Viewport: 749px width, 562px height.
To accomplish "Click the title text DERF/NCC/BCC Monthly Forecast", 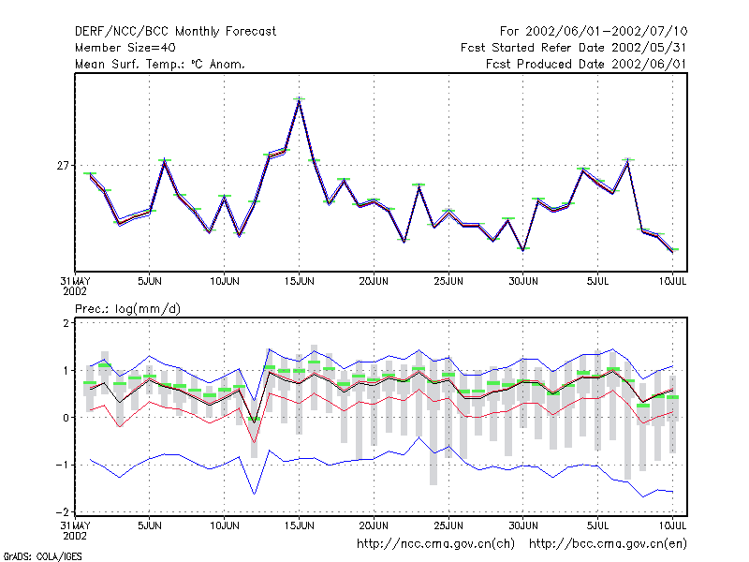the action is point(175,32).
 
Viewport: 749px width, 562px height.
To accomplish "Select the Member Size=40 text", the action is point(125,48).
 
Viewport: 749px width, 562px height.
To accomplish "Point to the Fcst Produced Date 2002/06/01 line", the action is point(586,64).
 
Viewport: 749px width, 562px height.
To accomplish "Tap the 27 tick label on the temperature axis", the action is point(63,166).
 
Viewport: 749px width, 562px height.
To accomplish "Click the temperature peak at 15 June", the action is point(299,99).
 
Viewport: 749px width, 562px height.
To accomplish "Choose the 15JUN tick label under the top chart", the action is point(299,281).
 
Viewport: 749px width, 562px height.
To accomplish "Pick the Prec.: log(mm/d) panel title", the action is point(127,309).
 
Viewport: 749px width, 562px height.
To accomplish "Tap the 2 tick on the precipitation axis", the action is point(66,323).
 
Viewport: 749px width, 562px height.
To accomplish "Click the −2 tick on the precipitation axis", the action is point(63,511).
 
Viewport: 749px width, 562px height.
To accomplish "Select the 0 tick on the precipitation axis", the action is point(66,418).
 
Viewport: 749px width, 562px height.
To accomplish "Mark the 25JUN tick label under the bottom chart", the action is point(448,525).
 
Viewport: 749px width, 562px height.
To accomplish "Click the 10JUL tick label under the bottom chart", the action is point(672,525).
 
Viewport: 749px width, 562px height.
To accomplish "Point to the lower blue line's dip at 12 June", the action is point(254,494).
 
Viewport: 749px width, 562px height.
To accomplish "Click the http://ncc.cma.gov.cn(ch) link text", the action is point(435,544).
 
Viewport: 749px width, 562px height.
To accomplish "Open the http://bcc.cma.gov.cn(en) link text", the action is point(608,544).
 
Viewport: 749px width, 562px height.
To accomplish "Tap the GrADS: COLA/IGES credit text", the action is point(42,556).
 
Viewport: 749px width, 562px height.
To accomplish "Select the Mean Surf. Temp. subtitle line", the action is point(159,64).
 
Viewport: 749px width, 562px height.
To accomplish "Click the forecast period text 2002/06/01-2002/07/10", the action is point(606,32).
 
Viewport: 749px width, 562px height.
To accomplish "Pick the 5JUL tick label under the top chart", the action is point(597,281).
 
